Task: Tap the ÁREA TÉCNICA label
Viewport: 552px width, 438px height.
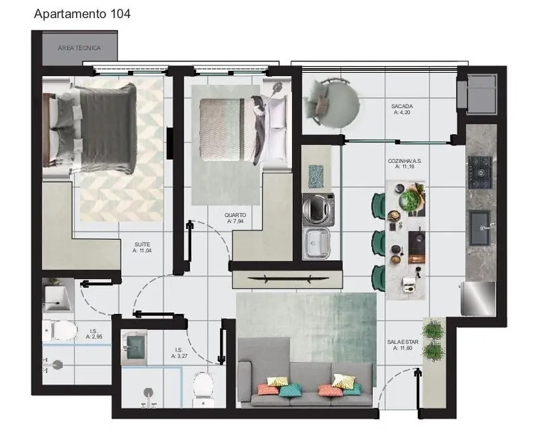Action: click(x=79, y=48)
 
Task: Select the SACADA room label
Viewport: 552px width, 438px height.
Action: click(x=402, y=106)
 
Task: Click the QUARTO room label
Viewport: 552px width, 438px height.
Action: click(x=235, y=216)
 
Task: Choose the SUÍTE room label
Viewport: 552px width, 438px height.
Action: click(x=141, y=243)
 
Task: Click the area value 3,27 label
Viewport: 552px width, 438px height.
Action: click(x=179, y=355)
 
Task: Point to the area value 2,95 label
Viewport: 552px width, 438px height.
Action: click(x=94, y=336)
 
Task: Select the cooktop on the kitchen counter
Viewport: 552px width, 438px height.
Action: click(x=481, y=172)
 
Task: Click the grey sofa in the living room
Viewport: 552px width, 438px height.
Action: click(x=306, y=383)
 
